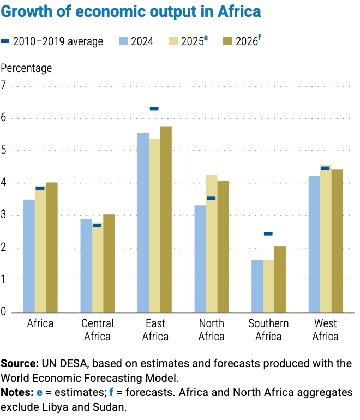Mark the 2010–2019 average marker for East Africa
[x=154, y=109]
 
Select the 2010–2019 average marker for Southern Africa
[x=268, y=233]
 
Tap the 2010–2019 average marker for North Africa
[x=211, y=198]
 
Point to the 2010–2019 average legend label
[x=58, y=41]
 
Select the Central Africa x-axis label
[x=97, y=329]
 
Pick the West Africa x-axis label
[x=325, y=329]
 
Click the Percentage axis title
[x=27, y=68]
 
